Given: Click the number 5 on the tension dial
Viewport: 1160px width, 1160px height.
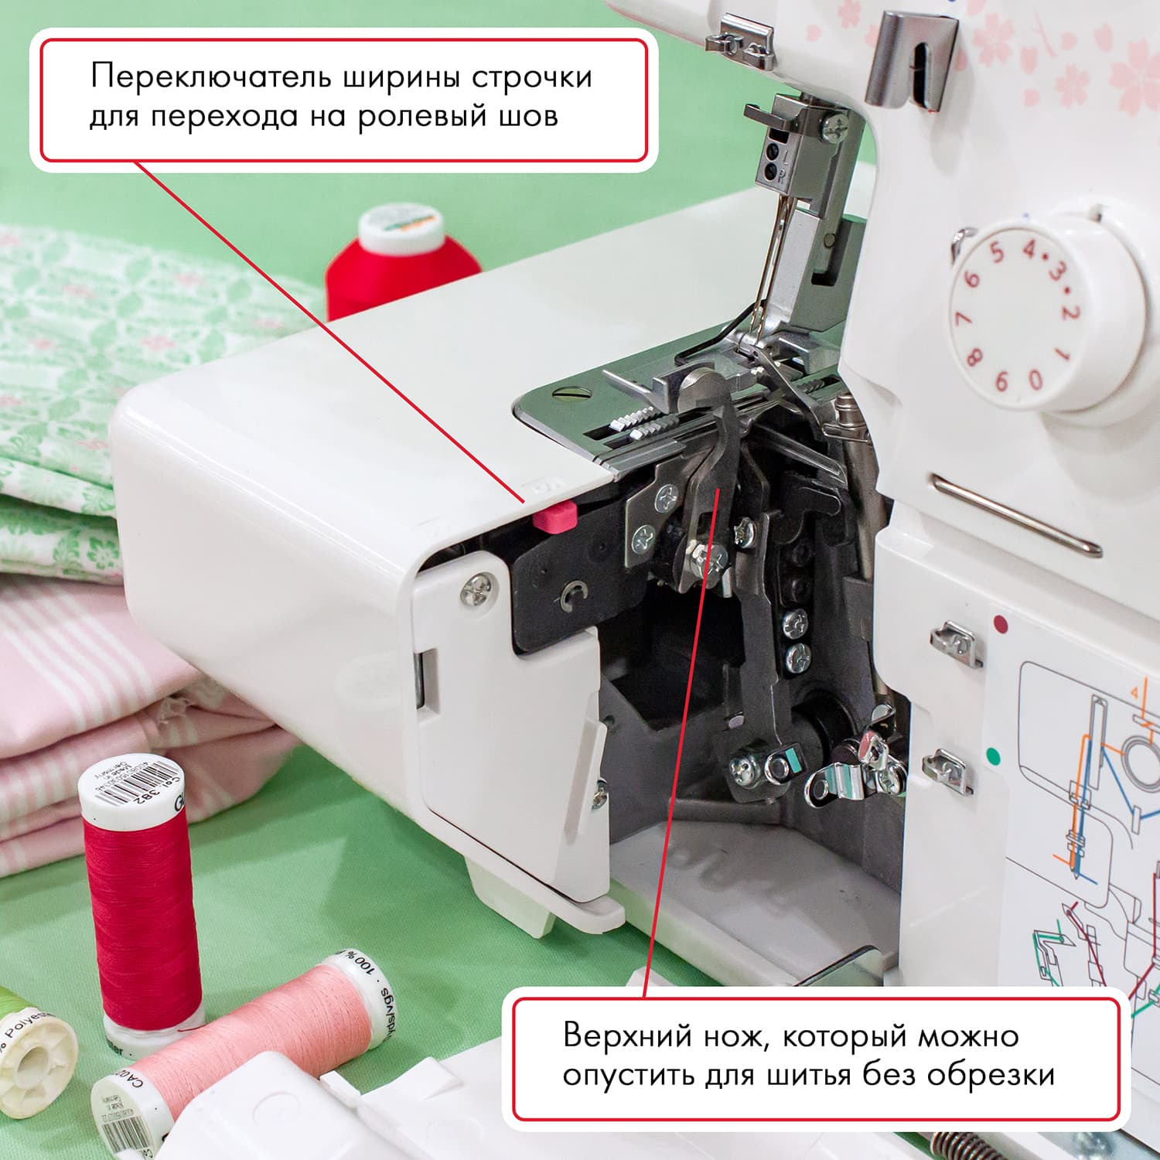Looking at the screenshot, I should pos(998,252).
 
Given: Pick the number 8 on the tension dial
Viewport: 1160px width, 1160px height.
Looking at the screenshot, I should pos(974,357).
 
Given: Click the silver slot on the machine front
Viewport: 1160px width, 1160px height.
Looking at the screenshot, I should pos(1015,514).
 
